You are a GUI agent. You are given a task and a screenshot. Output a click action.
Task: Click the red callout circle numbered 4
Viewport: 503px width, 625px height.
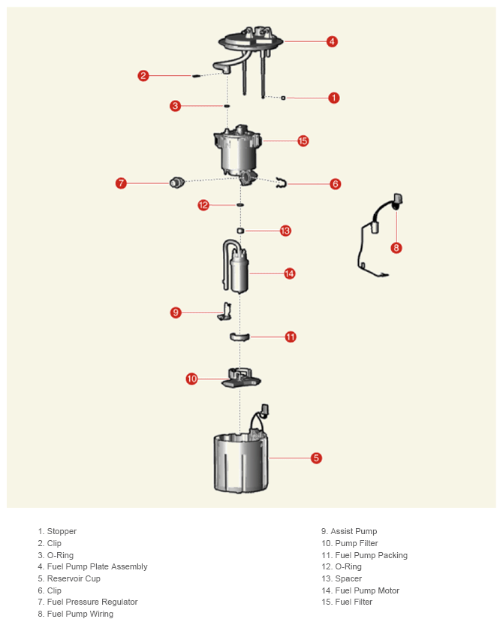tap(332, 41)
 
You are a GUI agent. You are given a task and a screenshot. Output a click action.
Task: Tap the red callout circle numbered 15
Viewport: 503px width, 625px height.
tap(303, 140)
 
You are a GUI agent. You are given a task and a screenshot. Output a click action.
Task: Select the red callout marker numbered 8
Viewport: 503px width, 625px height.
tap(396, 248)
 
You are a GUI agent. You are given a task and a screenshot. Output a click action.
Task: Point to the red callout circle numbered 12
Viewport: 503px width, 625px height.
tap(203, 205)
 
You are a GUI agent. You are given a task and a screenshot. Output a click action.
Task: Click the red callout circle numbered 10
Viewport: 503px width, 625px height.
tap(192, 379)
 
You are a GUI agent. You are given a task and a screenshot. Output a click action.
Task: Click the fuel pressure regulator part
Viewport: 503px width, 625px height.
tap(176, 182)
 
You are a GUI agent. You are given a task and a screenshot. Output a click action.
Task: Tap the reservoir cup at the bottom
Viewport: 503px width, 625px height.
tap(241, 463)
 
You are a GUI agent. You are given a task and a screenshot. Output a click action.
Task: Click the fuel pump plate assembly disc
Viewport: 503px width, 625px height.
tap(250, 41)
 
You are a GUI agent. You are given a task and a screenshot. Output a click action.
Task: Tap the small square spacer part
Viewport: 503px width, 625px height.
tap(239, 231)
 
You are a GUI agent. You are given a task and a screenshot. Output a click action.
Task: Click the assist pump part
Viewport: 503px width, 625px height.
tap(225, 311)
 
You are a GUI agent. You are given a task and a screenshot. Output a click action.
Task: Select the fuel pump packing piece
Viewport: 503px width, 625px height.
tap(239, 337)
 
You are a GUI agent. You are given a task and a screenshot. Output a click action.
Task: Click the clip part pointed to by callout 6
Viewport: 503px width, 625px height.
tap(282, 183)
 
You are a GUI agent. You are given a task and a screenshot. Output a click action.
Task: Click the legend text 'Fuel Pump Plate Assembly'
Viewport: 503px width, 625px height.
tap(97, 566)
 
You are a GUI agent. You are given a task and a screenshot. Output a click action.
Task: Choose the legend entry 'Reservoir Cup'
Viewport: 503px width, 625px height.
tap(74, 578)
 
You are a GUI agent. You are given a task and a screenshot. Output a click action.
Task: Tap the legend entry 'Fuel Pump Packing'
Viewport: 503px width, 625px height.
tap(371, 555)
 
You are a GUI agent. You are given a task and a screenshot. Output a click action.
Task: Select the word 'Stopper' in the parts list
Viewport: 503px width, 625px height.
tap(62, 531)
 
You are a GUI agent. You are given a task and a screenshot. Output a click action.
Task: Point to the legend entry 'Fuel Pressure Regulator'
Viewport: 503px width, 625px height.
tap(92, 602)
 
